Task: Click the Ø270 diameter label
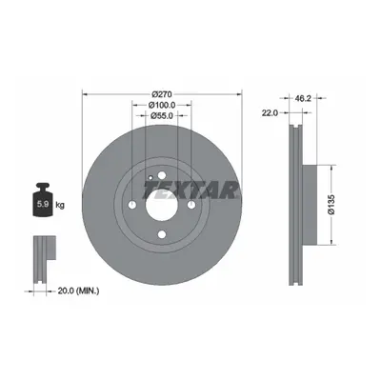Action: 162,94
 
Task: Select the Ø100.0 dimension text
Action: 162,105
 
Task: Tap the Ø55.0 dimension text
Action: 162,116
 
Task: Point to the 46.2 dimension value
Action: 303,98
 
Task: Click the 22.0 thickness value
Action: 270,112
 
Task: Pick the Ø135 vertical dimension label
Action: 331,205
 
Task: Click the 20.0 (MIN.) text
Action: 78,291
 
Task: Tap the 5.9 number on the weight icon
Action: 43,204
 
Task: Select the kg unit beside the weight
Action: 60,205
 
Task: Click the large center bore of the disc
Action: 162,205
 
